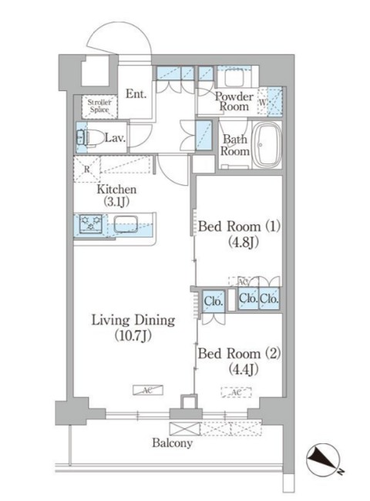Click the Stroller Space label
(x=99, y=106)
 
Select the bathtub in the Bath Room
(x=267, y=146)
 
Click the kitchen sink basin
(x=126, y=224)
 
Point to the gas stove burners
(x=91, y=223)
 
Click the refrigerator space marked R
(x=87, y=169)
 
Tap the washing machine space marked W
(x=262, y=103)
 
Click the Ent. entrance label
(x=136, y=93)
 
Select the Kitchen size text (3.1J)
(x=116, y=202)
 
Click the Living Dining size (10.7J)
(x=133, y=335)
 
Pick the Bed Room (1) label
(x=239, y=226)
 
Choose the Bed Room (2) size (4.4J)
(x=244, y=369)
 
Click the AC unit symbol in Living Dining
(x=148, y=390)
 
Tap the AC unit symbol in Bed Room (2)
(x=236, y=392)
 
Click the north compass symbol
(x=323, y=459)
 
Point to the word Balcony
(x=172, y=443)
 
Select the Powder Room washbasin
(x=234, y=76)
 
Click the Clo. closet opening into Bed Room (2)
(x=213, y=301)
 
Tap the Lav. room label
(x=115, y=138)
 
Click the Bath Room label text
(x=235, y=145)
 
